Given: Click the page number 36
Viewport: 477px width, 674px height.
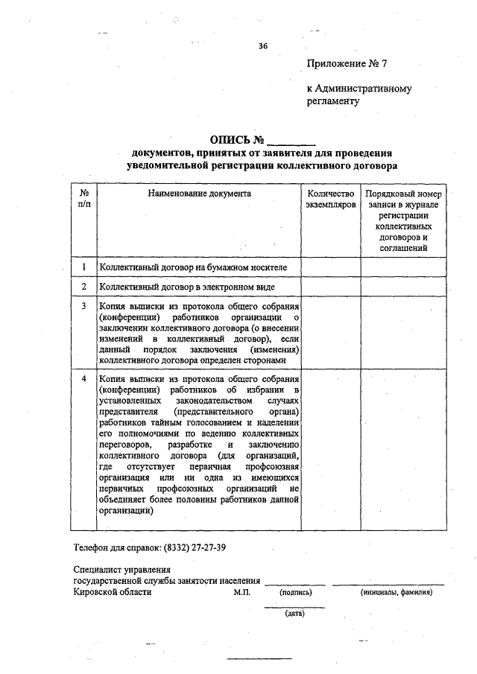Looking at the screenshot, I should [262, 46].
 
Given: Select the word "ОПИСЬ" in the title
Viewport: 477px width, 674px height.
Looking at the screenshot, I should [231, 140].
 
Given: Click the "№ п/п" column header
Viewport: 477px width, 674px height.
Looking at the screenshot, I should [85, 198].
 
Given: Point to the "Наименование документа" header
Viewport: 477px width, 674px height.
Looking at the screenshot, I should [199, 194].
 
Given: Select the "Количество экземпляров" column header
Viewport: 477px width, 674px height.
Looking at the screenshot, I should [331, 199].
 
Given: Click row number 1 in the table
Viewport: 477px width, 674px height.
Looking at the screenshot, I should [85, 267].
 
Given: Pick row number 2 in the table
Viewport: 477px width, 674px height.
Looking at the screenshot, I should [85, 286].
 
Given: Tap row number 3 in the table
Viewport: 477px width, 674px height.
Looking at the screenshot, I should [85, 306].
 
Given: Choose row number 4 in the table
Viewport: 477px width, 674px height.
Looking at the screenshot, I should [85, 379].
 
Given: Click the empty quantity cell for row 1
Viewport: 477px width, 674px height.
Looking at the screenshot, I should [331, 267].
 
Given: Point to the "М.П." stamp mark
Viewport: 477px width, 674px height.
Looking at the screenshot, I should [242, 593].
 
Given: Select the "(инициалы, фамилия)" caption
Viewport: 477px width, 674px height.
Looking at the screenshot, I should [397, 594].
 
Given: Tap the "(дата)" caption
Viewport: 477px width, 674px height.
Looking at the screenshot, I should [294, 614].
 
